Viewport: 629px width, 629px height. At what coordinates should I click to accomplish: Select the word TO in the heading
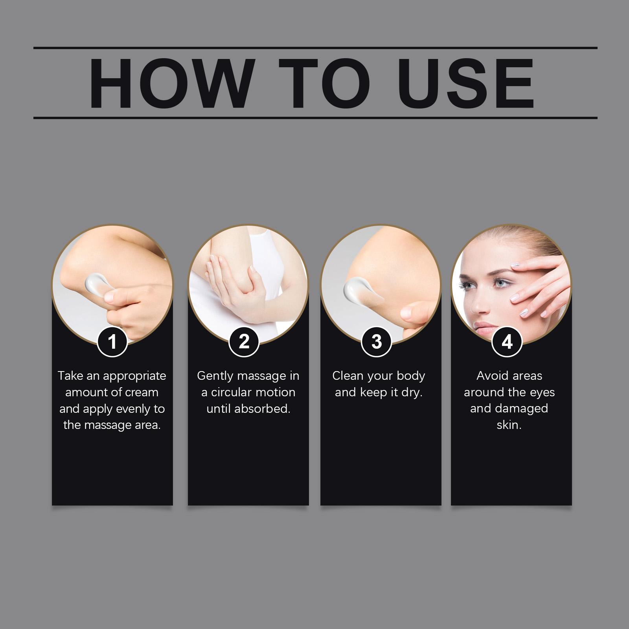point(325,83)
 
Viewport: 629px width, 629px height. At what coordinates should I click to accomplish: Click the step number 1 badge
point(112,341)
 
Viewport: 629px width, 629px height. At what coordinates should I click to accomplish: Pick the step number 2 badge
point(244,341)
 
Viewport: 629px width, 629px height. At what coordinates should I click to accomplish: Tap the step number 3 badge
point(377,341)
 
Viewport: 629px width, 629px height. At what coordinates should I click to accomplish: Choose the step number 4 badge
point(507,341)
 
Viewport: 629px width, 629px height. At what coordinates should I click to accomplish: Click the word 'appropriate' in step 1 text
point(134,377)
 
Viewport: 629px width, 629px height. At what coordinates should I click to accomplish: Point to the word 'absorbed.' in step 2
point(262,409)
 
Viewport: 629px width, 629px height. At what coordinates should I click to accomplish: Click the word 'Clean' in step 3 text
point(346,376)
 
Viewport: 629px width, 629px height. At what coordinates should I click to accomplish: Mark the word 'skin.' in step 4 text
point(509,425)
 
